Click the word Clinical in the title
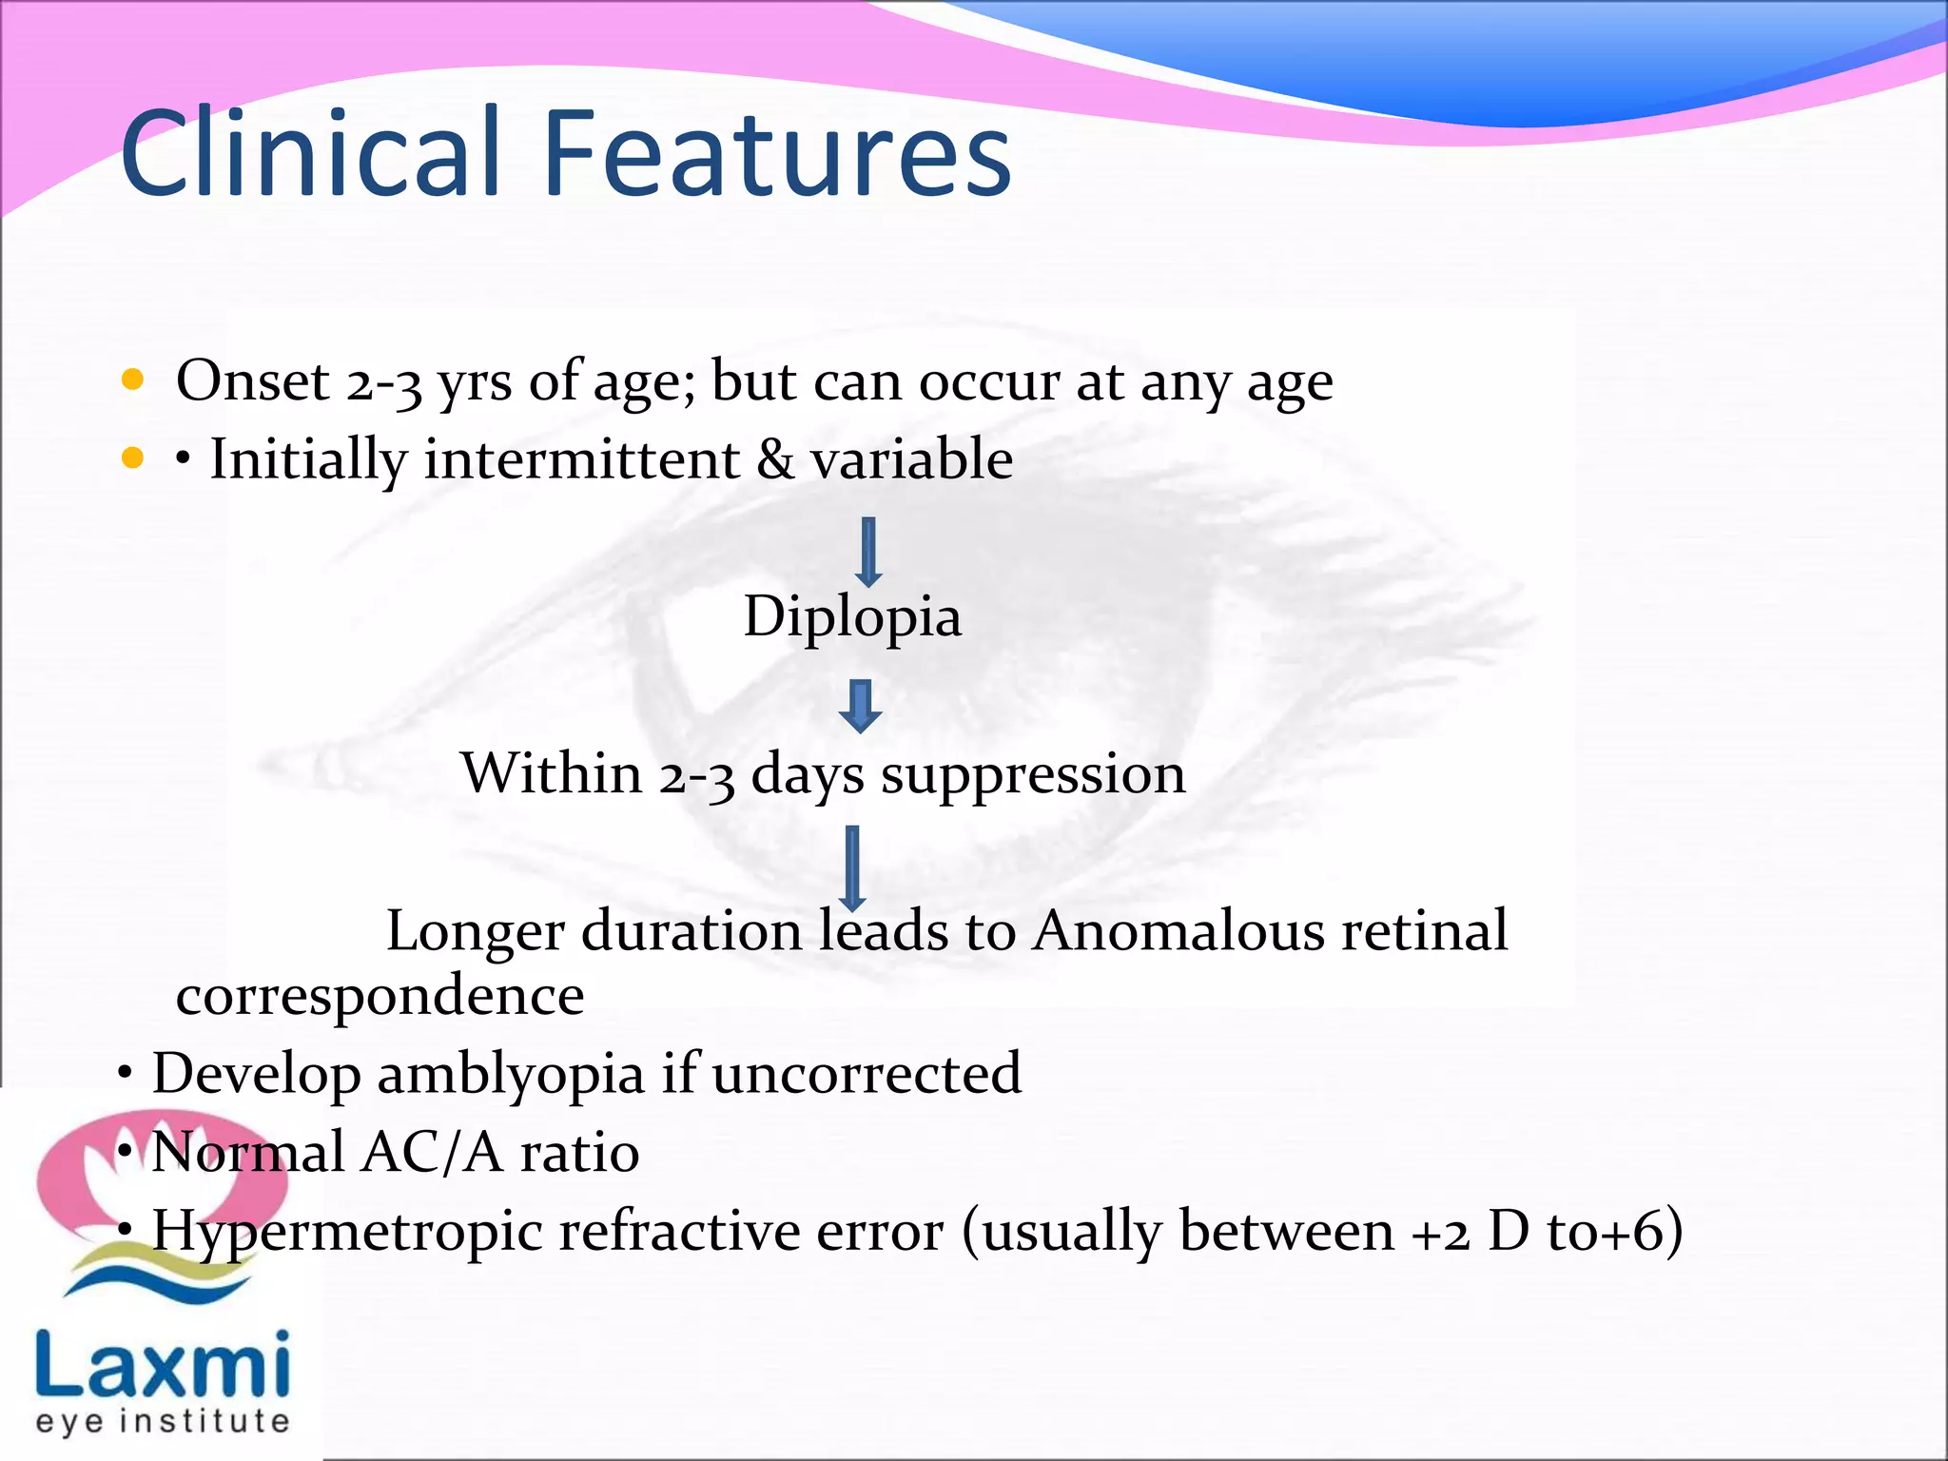[309, 154]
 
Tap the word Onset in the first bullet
[253, 381]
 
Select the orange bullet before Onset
[133, 380]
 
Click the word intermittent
[581, 459]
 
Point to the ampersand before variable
[775, 459]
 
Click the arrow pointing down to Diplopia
[867, 552]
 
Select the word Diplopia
[852, 617]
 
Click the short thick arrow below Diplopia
[861, 706]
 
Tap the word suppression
[1033, 773]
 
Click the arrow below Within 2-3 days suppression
[853, 867]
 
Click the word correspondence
[380, 996]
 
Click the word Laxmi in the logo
[163, 1365]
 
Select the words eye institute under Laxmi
[163, 1422]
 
